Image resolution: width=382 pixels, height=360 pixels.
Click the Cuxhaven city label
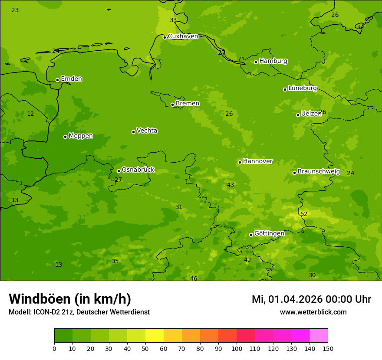point(183,36)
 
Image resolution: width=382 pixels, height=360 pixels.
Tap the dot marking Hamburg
point(256,62)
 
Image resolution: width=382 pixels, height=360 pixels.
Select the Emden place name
point(71,79)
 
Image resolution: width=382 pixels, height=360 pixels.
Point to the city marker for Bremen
point(172,105)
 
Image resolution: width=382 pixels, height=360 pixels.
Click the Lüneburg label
point(302,88)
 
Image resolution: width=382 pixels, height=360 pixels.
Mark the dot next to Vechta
point(133,132)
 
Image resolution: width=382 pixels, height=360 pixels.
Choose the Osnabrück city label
point(138,170)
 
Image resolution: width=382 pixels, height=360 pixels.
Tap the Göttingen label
point(269,234)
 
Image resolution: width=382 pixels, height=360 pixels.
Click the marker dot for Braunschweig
point(294,173)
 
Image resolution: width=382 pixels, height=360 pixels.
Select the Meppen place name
point(81,136)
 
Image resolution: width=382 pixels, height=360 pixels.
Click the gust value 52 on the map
point(304,214)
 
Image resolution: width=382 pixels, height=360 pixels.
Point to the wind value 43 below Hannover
point(231,185)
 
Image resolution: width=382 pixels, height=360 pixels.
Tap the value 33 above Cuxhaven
point(173,20)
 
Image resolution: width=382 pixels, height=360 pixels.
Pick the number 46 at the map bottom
point(194,278)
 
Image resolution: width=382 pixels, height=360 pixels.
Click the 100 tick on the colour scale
point(237,348)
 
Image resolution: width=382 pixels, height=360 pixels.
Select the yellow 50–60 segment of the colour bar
point(155,336)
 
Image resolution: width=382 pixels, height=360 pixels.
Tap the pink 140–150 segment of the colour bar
point(319,336)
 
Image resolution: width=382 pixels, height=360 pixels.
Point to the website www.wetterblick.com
point(313,312)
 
